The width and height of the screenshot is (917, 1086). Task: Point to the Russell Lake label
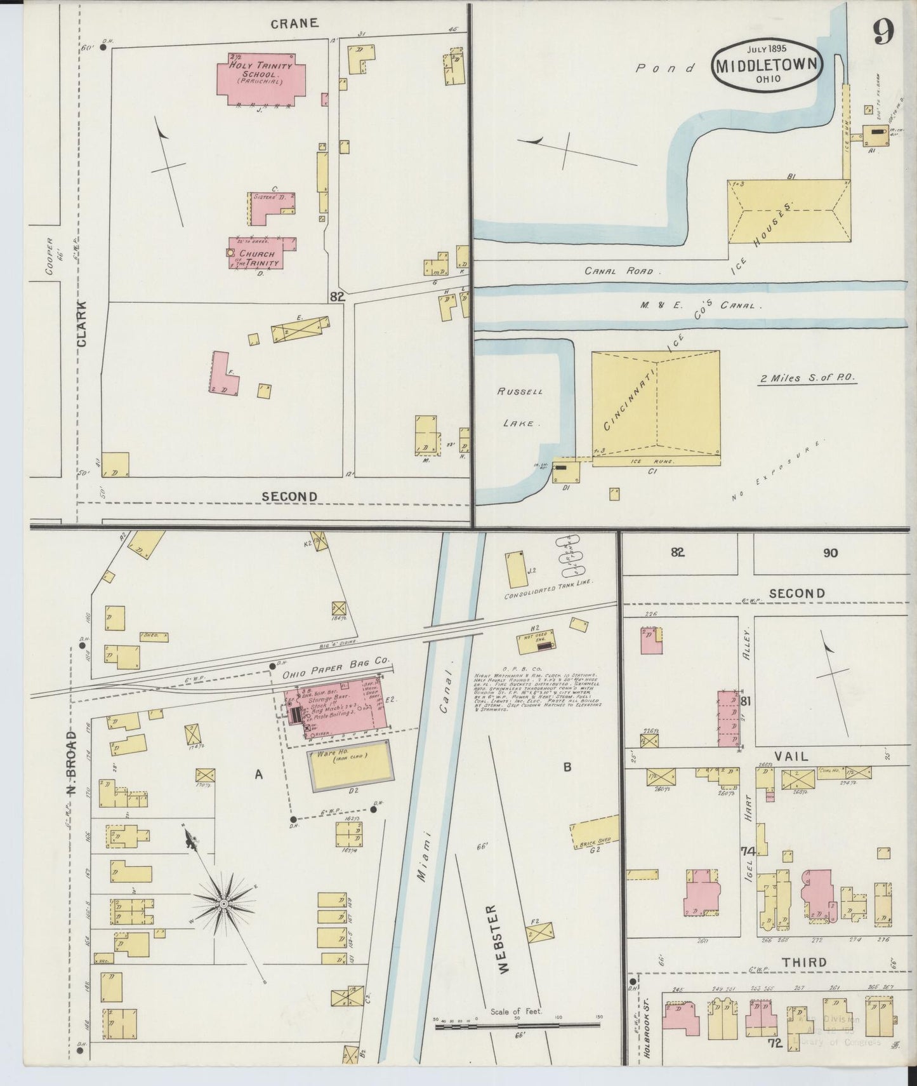click(x=520, y=406)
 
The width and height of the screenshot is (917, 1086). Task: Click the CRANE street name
click(x=294, y=23)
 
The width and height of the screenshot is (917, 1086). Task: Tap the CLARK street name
click(x=82, y=324)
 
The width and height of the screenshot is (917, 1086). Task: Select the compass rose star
click(x=223, y=904)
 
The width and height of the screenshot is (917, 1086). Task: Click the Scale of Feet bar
click(x=517, y=1022)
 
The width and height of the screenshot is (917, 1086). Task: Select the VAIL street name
click(x=796, y=756)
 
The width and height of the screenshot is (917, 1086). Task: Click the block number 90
click(x=830, y=553)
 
